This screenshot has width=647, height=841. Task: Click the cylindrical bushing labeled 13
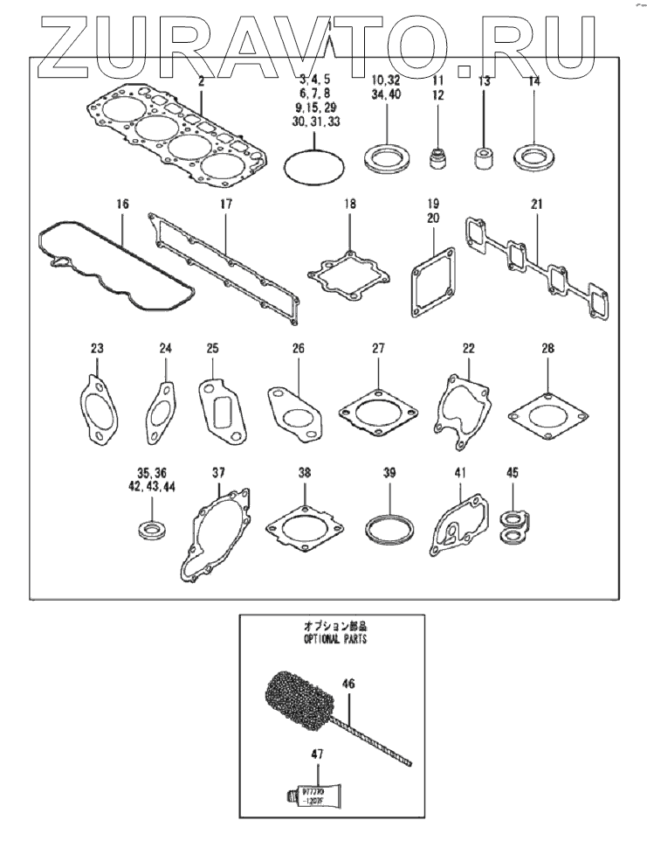(x=482, y=159)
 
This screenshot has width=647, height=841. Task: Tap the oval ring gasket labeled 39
(x=389, y=528)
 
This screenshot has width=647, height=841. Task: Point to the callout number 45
(x=512, y=473)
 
